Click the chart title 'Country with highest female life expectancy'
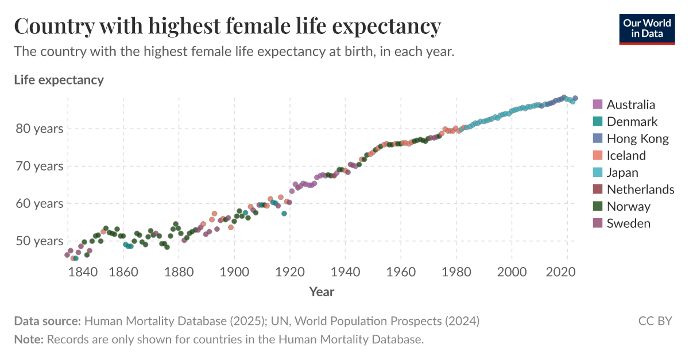pos(227,26)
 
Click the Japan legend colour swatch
pos(598,172)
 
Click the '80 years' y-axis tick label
pos(40,129)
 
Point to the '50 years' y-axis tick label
pos(40,241)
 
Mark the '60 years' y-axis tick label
pos(40,204)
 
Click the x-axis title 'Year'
pos(322,292)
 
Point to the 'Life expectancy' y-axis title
pos(59,80)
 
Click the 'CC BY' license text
pos(655,321)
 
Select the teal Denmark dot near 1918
pos(284,214)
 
